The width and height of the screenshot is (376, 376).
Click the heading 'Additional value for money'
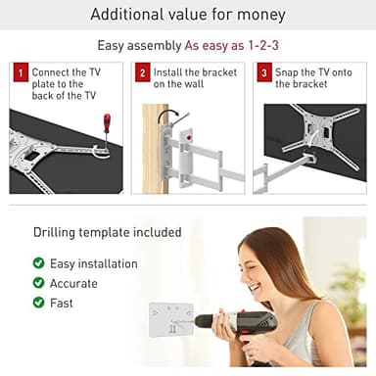(x=188, y=15)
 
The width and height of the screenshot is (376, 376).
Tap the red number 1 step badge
(x=20, y=72)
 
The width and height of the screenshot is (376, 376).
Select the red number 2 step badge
(x=142, y=72)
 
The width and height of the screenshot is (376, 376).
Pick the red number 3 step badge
(x=262, y=72)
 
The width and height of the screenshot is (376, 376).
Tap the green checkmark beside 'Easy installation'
(x=38, y=263)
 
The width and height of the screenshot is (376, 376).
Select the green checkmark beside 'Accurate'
(x=38, y=283)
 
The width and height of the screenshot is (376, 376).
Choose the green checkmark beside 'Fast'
(x=38, y=303)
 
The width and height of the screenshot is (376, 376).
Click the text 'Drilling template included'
(x=107, y=233)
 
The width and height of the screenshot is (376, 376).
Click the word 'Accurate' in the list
(x=73, y=283)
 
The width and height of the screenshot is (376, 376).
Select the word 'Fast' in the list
(x=62, y=303)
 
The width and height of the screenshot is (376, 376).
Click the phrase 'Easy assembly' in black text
(x=138, y=46)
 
